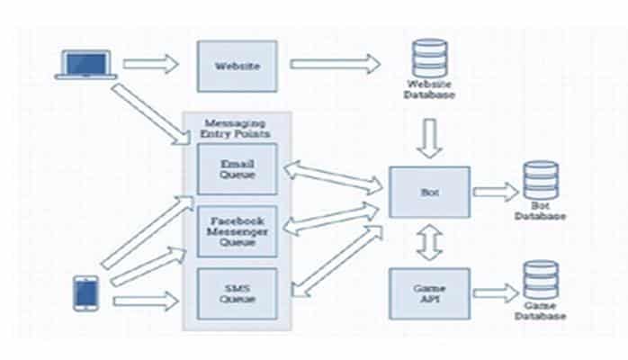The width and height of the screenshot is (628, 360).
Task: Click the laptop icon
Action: [x=85, y=64]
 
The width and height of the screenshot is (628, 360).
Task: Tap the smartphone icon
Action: [x=85, y=293]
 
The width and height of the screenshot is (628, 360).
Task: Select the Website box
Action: [x=238, y=66]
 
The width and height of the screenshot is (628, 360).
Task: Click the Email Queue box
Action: [x=238, y=169]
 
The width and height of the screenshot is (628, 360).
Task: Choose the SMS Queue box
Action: [x=238, y=293]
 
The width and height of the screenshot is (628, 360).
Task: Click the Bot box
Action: [x=428, y=193]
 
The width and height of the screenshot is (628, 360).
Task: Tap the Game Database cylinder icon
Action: [x=540, y=282]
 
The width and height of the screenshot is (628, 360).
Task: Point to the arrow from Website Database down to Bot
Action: [x=429, y=137]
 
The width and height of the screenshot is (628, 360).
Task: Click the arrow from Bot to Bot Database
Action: [x=496, y=192]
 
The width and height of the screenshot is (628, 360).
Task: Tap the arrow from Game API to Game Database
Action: [x=496, y=292]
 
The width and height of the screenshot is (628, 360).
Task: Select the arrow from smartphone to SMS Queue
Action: [x=147, y=300]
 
